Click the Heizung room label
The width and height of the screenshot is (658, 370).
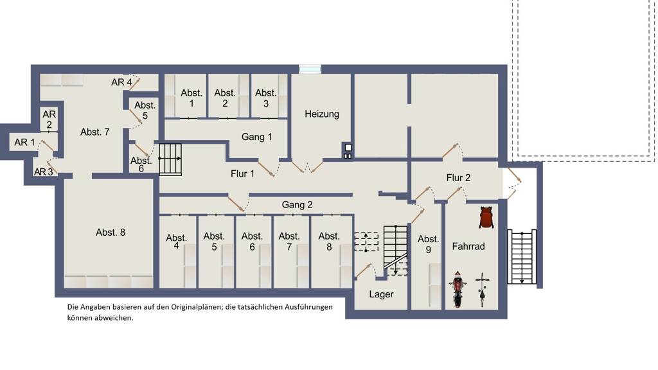(322, 114)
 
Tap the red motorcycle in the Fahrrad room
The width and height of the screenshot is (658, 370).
(458, 289)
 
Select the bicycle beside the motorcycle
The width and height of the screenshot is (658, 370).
(483, 290)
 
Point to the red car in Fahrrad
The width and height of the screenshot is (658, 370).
(486, 217)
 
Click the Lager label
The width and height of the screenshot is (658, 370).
(381, 294)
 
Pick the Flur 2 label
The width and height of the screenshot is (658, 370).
(458, 178)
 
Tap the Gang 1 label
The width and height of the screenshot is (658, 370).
(256, 137)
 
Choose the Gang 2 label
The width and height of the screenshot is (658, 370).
(297, 205)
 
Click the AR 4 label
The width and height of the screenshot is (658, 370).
(121, 82)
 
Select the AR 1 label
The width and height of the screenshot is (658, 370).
(24, 142)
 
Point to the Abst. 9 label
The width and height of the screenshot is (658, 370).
(428, 244)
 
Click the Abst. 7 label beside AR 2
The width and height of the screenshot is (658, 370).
(95, 132)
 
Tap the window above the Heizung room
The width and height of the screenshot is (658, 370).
(310, 69)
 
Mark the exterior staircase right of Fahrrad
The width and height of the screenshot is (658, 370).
(522, 257)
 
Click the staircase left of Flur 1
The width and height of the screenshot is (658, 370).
(170, 159)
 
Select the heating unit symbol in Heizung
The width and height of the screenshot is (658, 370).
(348, 151)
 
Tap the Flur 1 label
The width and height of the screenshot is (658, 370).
(242, 173)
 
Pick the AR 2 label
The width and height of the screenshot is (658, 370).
(49, 119)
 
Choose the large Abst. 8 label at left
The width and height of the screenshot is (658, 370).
(111, 233)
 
